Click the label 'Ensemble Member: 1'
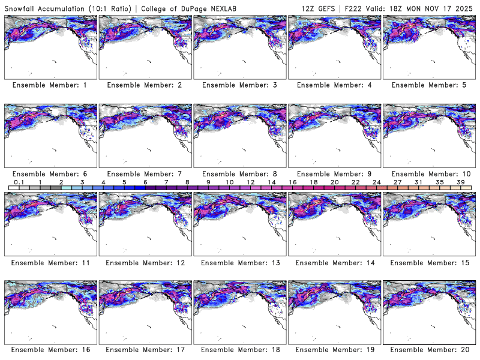tap(50, 85)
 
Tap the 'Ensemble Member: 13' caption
tap(239, 262)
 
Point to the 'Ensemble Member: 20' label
tap(429, 350)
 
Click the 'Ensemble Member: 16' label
tap(50, 350)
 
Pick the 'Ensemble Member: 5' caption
tap(429, 85)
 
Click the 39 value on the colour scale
tap(460, 181)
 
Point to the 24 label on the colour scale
tap(376, 181)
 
